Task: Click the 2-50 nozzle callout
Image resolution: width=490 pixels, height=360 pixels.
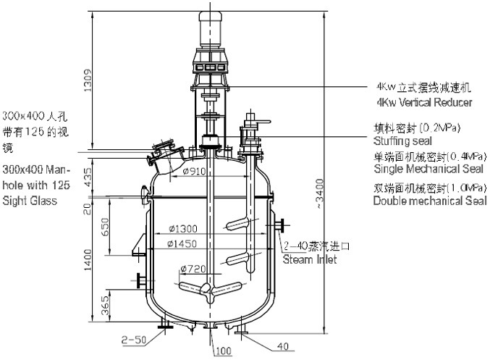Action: tap(133, 338)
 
